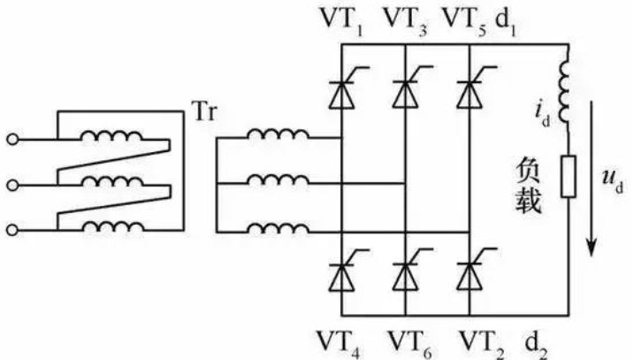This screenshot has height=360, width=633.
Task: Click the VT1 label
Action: click(x=341, y=21)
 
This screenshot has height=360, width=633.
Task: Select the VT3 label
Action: click(x=405, y=21)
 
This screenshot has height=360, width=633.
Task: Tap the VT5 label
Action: click(x=465, y=21)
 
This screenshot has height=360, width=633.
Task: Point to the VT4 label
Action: click(x=339, y=343)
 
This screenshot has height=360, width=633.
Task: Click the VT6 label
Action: click(x=409, y=343)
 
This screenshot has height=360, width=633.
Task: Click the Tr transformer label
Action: click(x=204, y=111)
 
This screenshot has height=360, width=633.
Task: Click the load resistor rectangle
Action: click(x=568, y=177)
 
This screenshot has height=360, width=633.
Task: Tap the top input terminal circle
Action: click(x=12, y=140)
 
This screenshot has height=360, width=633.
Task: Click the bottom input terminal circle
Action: click(x=12, y=230)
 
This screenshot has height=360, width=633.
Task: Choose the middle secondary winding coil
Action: click(x=278, y=180)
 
